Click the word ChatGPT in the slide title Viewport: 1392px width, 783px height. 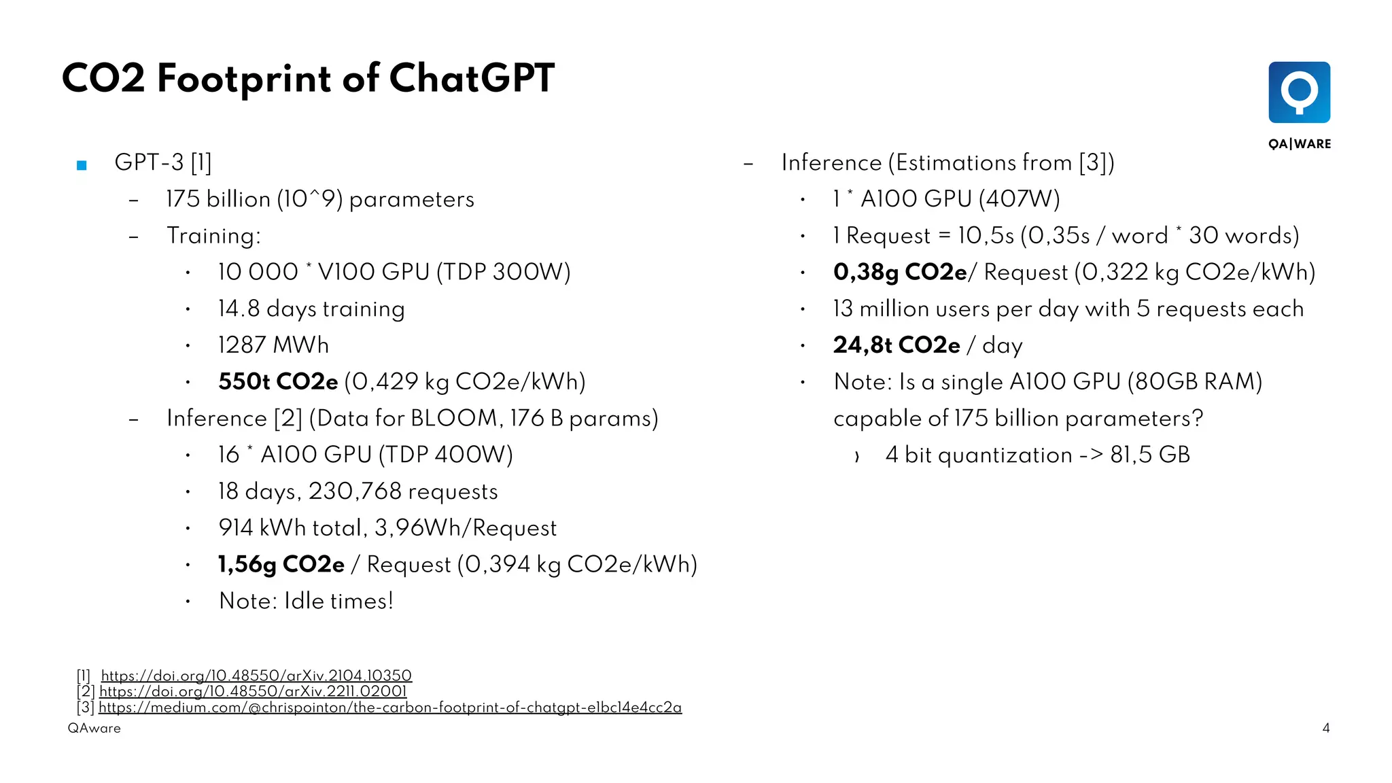click(472, 78)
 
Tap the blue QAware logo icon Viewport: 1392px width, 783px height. click(1299, 92)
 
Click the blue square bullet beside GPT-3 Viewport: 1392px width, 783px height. click(82, 165)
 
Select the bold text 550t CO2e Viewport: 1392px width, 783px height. click(278, 382)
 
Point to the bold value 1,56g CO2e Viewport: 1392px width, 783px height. click(281, 565)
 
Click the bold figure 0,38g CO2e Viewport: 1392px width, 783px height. click(900, 273)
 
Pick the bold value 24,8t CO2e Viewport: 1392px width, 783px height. click(897, 345)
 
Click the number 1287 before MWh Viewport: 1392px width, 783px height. click(242, 345)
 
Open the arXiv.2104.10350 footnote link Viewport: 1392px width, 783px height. click(256, 676)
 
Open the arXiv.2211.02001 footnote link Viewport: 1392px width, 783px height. click(253, 691)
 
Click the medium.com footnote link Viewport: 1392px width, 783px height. click(390, 708)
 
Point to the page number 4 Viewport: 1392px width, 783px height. click(1326, 729)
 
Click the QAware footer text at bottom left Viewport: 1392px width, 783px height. click(94, 729)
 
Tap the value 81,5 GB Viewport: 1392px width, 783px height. click(1150, 455)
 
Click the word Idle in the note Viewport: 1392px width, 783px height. click(304, 602)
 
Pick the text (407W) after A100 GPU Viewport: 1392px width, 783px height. click(1020, 199)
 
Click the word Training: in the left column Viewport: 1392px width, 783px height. click(213, 236)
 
